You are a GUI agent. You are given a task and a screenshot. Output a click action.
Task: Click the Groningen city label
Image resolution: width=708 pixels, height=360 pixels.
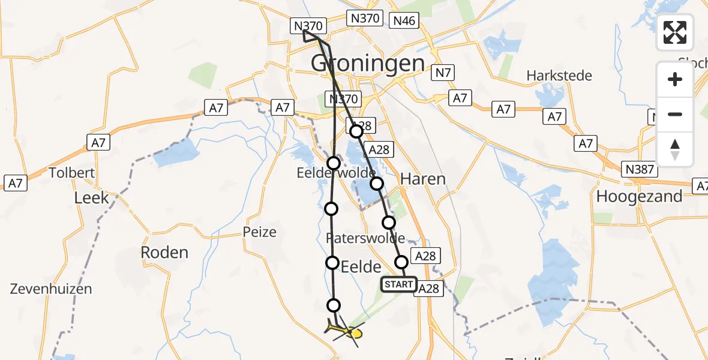pyautogui.click(x=368, y=62)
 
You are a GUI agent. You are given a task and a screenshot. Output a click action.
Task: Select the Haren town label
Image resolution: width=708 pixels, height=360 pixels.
pyautogui.click(x=422, y=179)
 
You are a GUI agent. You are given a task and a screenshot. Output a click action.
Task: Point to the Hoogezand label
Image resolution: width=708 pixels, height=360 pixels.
pyautogui.click(x=639, y=196)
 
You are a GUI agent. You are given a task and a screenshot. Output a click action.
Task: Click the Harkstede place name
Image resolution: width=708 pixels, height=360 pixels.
pyautogui.click(x=559, y=76)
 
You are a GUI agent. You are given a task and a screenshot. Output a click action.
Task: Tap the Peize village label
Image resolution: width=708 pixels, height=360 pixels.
pyautogui.click(x=260, y=232)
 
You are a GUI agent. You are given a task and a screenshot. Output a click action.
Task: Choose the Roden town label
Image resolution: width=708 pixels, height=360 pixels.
pyautogui.click(x=164, y=253)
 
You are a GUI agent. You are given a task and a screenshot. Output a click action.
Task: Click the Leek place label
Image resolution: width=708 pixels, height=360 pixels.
pyautogui.click(x=91, y=197)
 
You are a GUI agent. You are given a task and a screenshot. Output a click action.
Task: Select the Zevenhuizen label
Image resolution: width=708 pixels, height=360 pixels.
pyautogui.click(x=51, y=289)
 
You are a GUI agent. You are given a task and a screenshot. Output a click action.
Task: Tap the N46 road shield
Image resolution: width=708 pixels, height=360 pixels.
pyautogui.click(x=403, y=21)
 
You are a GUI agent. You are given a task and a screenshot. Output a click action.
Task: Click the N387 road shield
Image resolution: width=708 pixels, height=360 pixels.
pyautogui.click(x=639, y=169)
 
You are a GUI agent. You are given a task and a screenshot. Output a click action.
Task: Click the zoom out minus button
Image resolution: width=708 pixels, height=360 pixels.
pyautogui.click(x=675, y=114)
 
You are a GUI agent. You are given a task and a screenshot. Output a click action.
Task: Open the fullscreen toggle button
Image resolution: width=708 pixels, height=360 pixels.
pyautogui.click(x=675, y=32)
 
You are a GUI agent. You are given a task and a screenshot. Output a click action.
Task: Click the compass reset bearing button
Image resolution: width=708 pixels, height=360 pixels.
pyautogui.click(x=675, y=149)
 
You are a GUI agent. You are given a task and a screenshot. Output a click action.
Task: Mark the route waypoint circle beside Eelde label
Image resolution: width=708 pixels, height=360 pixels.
pyautogui.click(x=332, y=262)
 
